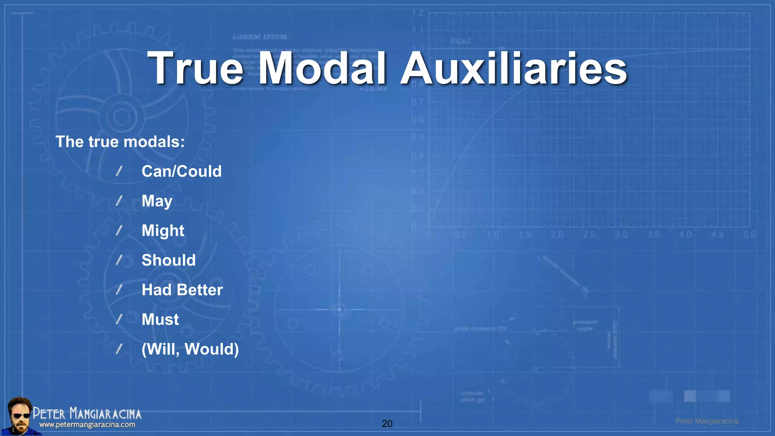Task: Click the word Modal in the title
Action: click(x=322, y=69)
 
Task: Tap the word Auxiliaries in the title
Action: click(x=514, y=69)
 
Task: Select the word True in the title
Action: click(x=195, y=69)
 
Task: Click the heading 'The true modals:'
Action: click(x=120, y=142)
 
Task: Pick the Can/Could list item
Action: click(x=181, y=171)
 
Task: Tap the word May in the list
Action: click(x=157, y=201)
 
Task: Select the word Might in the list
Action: click(x=163, y=231)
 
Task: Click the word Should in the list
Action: click(x=168, y=260)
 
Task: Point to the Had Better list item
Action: click(x=182, y=290)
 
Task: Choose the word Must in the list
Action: click(x=160, y=320)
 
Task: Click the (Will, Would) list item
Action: click(x=190, y=349)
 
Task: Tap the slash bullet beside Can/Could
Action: click(x=119, y=171)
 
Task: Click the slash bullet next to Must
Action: click(x=119, y=320)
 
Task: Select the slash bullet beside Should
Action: click(x=119, y=260)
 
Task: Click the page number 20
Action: click(x=387, y=424)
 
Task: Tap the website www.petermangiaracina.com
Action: click(x=87, y=425)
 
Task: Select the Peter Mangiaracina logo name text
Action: click(x=87, y=413)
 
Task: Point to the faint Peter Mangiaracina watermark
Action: click(x=707, y=421)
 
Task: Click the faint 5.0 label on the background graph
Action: click(x=749, y=235)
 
